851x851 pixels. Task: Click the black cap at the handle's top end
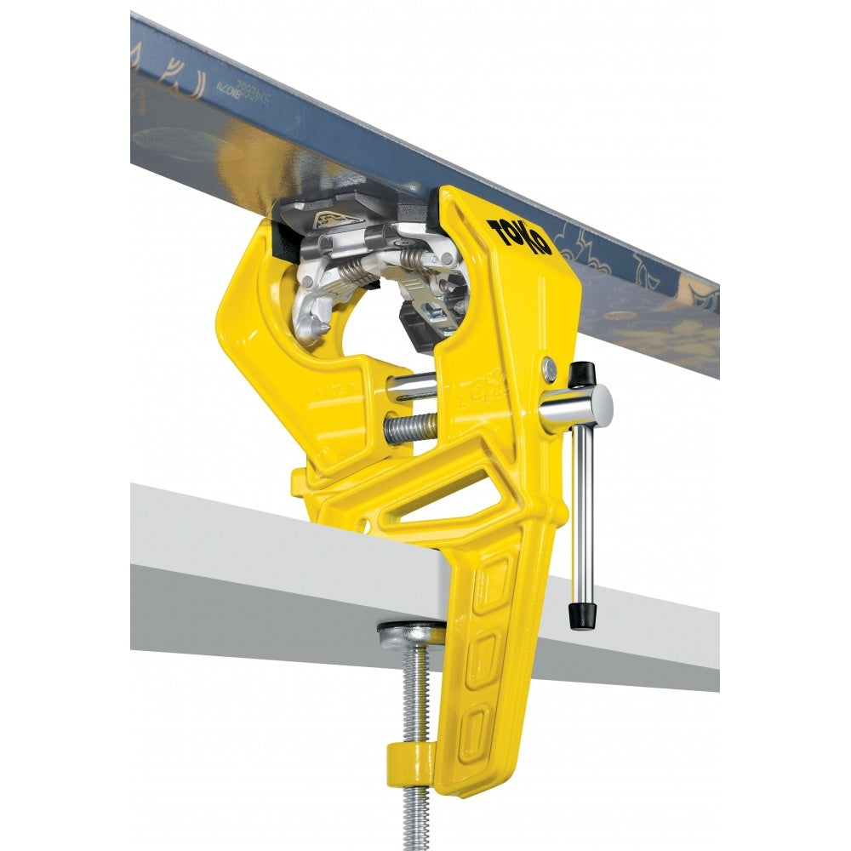pos(582,373)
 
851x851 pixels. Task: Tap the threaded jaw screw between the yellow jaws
pos(409,428)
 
